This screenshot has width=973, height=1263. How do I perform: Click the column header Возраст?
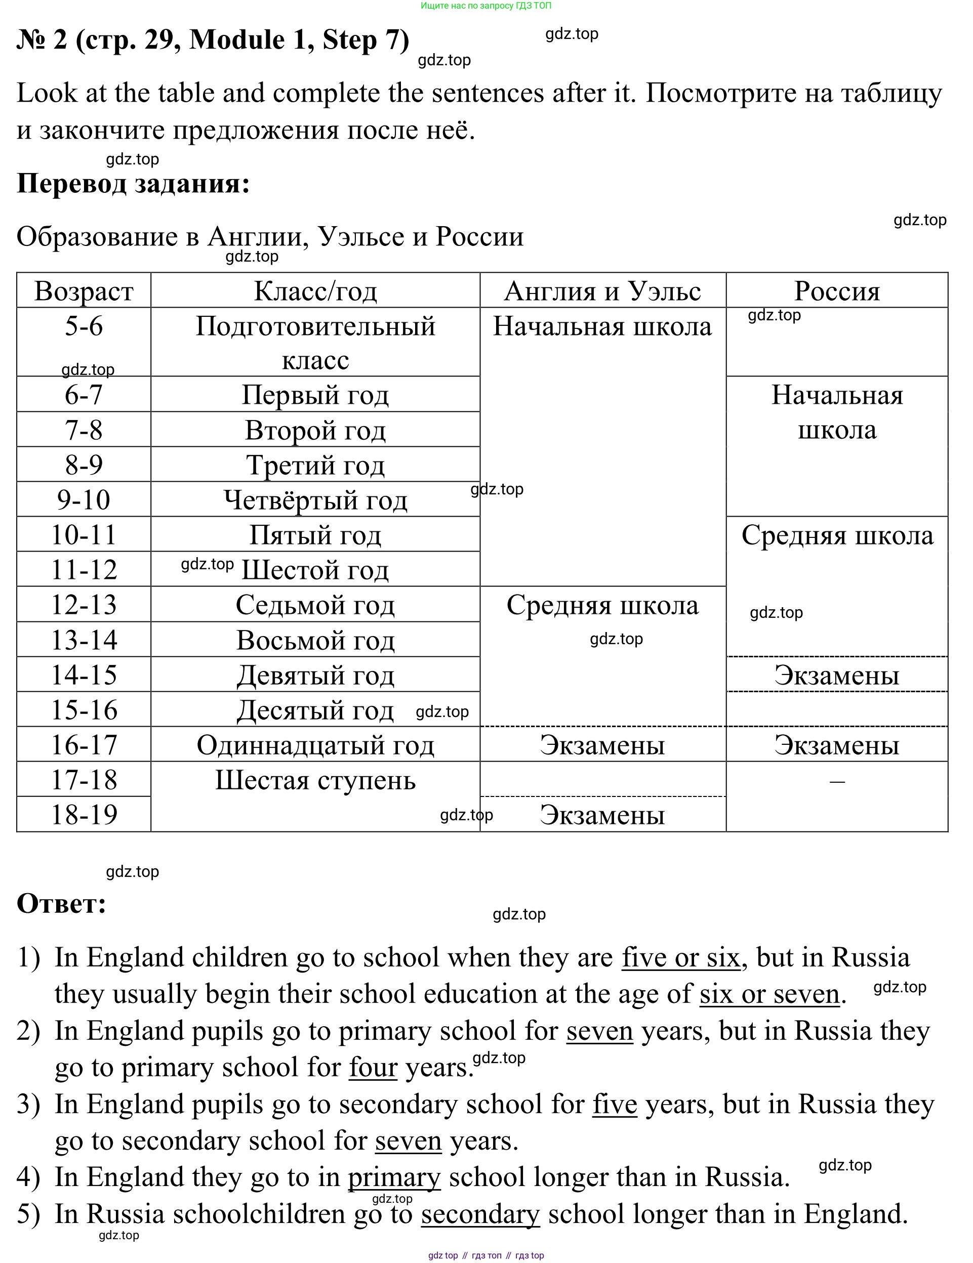[x=84, y=291]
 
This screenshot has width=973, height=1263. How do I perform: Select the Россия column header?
[x=836, y=291]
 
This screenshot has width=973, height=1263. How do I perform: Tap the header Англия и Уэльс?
[x=602, y=291]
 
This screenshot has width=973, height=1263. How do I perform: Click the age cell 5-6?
[x=84, y=326]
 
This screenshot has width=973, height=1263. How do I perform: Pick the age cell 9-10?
[x=84, y=499]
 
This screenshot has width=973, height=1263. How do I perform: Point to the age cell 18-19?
[x=84, y=814]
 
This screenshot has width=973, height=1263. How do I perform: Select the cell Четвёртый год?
[x=315, y=499]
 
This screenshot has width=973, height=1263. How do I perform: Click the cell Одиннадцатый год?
[x=315, y=745]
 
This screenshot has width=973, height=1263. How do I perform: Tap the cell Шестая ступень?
[x=315, y=780]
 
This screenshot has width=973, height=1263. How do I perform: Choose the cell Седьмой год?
[x=315, y=605]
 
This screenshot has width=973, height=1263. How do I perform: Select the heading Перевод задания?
[x=133, y=183]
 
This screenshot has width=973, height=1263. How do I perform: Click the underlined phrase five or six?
[x=681, y=957]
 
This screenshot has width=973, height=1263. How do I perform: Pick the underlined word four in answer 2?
[x=373, y=1068]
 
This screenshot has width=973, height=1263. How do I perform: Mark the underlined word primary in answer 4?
[x=394, y=1177]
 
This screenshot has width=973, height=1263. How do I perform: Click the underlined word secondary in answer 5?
[x=480, y=1214]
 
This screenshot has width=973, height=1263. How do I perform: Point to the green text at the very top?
[x=486, y=6]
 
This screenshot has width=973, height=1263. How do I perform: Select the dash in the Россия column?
[x=836, y=781]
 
